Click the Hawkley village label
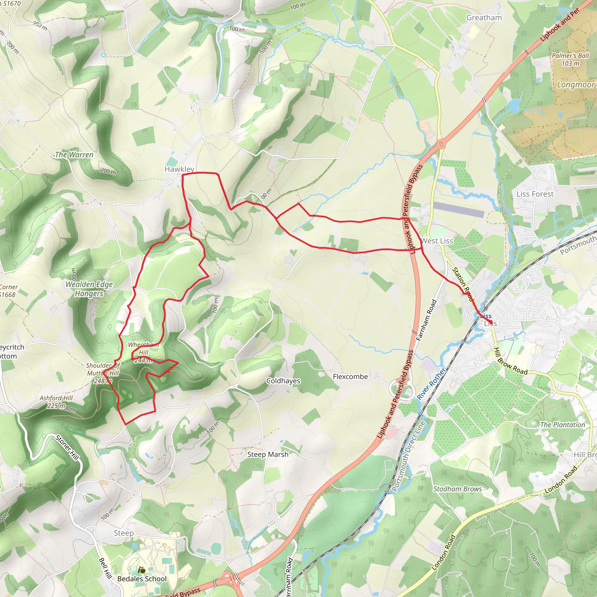(x=179, y=169)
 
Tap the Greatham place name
(x=484, y=17)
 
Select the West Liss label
(x=437, y=241)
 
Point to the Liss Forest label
(x=535, y=194)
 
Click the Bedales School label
(x=142, y=579)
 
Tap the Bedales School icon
(x=141, y=570)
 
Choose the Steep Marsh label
(x=268, y=454)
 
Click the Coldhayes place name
(x=283, y=381)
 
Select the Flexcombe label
(x=350, y=376)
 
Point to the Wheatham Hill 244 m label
(x=143, y=352)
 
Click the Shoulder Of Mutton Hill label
(x=103, y=373)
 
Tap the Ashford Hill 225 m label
(x=56, y=402)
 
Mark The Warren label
(x=74, y=155)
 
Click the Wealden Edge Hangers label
(x=89, y=289)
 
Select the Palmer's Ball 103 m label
(x=570, y=60)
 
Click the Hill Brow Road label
(x=510, y=361)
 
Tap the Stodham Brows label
(x=457, y=489)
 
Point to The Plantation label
(x=562, y=425)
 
